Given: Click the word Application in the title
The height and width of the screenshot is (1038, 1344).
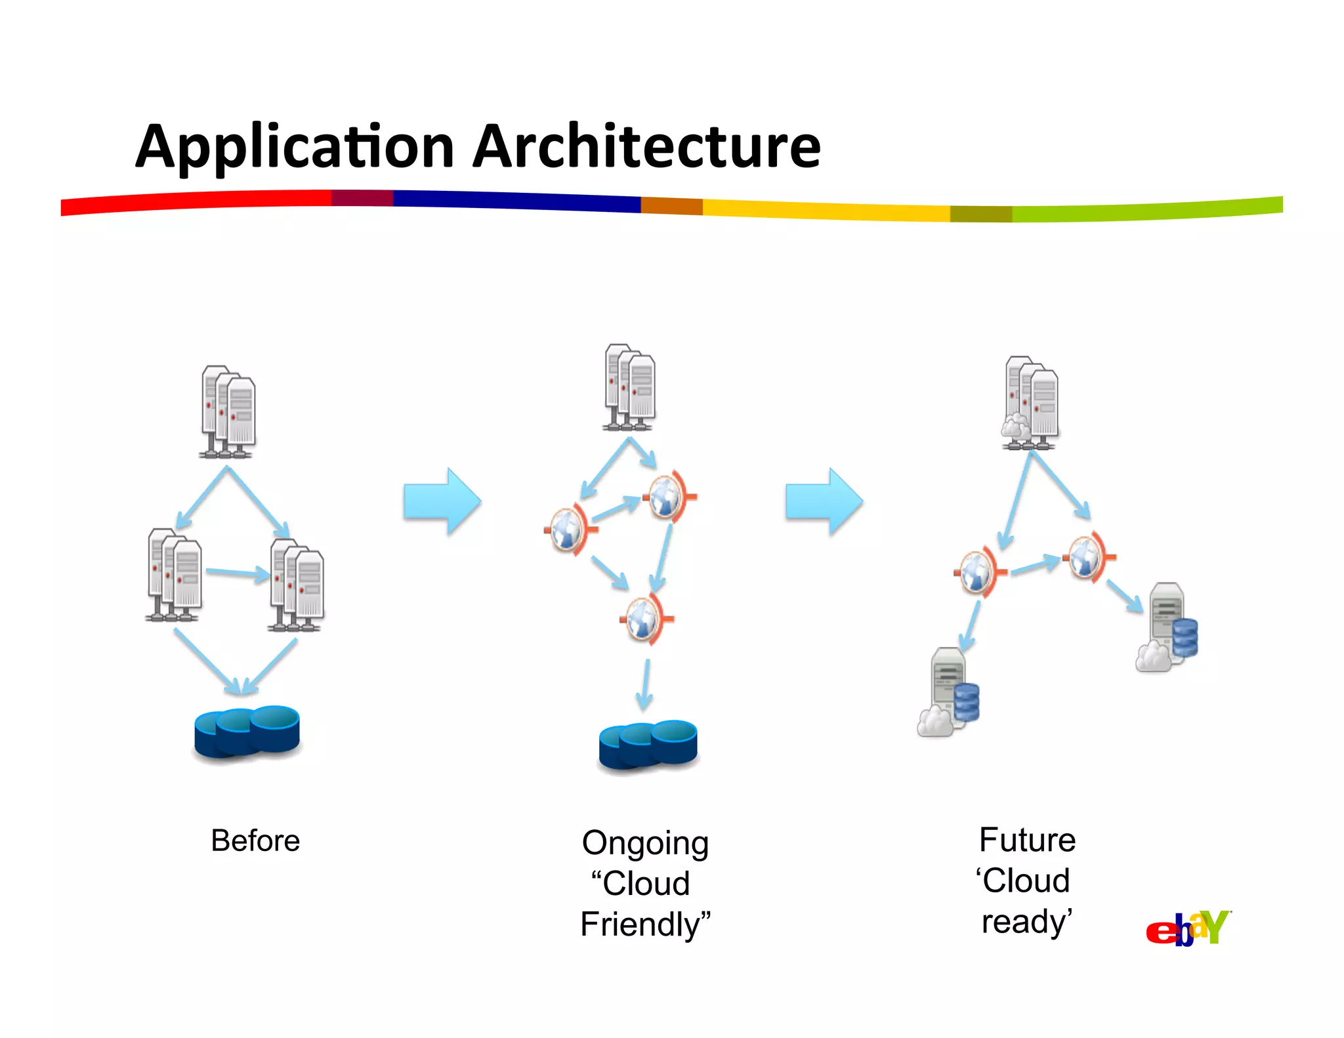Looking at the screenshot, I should tap(295, 148).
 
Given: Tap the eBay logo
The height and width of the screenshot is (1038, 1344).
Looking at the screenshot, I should tap(1188, 928).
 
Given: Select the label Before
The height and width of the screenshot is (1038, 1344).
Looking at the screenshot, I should tap(255, 841).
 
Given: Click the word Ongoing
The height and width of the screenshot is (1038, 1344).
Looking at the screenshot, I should tap(645, 843).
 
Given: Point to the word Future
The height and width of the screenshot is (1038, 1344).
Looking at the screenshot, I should tap(1027, 840).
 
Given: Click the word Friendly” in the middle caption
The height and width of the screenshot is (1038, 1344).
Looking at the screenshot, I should tap(645, 924).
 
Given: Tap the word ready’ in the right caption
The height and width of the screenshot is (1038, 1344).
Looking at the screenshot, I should tap(1026, 921).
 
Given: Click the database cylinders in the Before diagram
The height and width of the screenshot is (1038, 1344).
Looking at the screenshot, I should tap(247, 732).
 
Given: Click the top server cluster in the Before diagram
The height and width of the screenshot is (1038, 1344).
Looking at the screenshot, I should tap(228, 411).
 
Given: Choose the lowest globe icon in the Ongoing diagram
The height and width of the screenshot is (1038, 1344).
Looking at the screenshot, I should tap(644, 619).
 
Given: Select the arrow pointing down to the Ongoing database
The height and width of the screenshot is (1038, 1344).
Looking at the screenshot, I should tap(645, 684).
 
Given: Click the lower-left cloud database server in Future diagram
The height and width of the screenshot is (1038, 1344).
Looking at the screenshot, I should tap(949, 693).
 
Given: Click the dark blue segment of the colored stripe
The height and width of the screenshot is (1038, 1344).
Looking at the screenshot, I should tap(516, 200).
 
